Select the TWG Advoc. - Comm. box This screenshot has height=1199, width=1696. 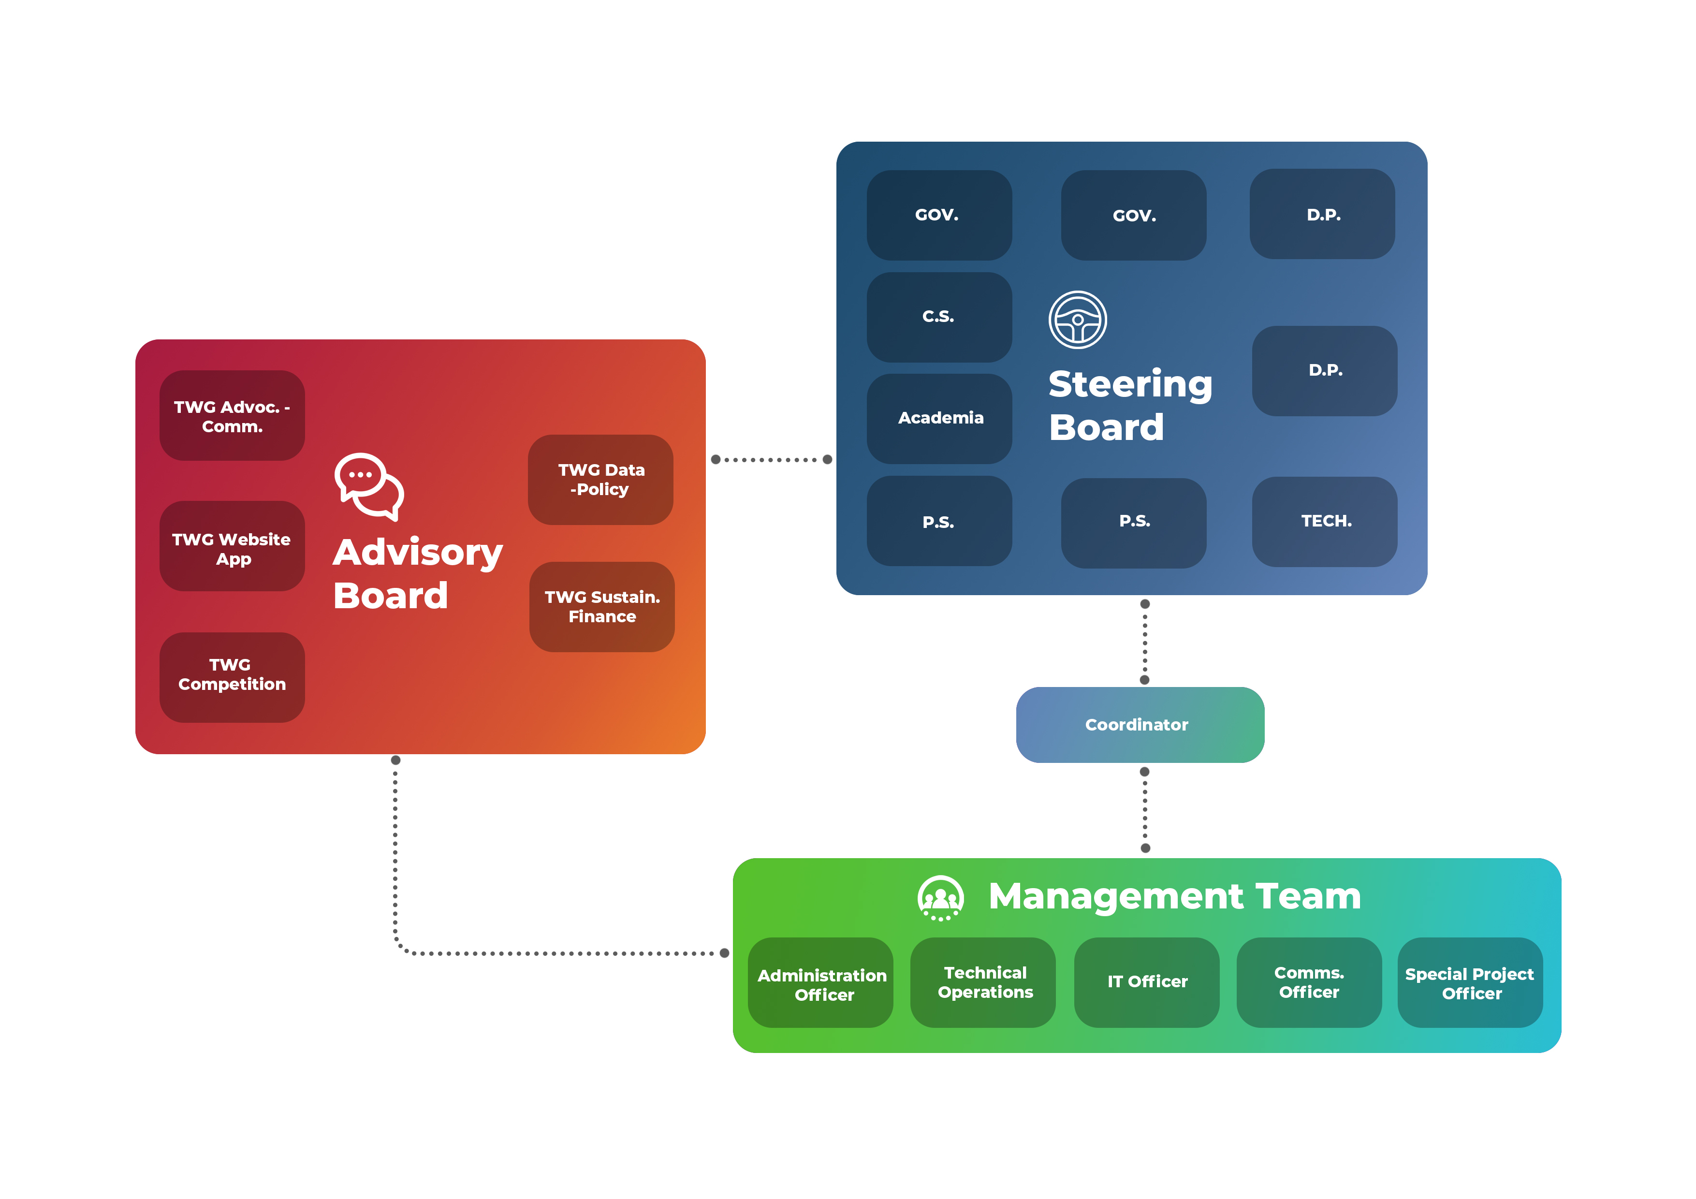point(232,416)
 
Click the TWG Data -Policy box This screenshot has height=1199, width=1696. point(600,480)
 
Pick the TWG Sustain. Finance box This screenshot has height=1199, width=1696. point(601,607)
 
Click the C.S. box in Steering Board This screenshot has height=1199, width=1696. point(939,317)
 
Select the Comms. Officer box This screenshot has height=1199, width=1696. point(1309,982)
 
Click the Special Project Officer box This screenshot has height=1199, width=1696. point(1470,982)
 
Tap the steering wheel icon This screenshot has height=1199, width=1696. point(1078,320)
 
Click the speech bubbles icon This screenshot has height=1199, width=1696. point(368,486)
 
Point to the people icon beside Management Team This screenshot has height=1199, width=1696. point(940,898)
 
